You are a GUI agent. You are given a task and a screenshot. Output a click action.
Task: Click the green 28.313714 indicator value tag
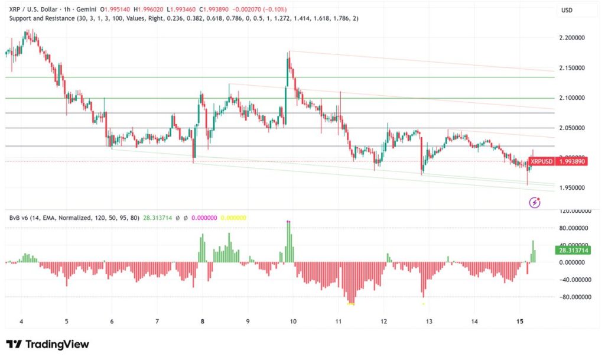coord(573,251)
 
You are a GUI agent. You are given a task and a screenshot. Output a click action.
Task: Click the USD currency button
coord(567,11)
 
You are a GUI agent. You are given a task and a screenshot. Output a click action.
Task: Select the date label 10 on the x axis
coord(293,322)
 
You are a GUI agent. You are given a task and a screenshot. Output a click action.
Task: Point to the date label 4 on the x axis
coord(22,322)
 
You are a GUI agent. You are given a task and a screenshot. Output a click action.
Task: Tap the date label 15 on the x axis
coord(520,322)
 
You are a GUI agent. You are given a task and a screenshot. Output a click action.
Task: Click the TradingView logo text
coord(48,344)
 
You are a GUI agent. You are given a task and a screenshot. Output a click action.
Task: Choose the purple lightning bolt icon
coord(534,202)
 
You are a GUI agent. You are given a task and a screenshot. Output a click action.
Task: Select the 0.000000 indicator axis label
coord(575,262)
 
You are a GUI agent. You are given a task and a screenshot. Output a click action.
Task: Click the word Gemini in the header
coord(86,9)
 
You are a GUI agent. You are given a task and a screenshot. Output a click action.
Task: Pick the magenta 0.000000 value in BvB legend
coord(204,218)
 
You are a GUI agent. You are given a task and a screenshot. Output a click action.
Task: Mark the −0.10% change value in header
coord(274,9)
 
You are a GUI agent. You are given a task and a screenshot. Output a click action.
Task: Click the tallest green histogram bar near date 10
coord(288,242)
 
